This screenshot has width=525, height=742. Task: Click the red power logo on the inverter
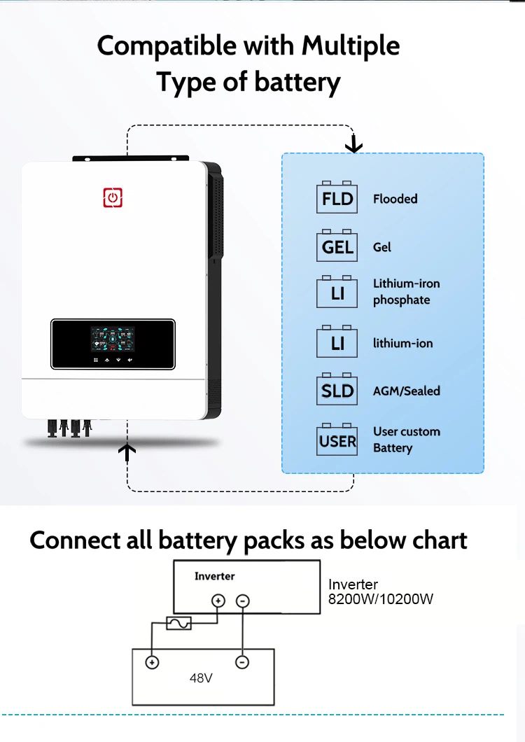[113, 198]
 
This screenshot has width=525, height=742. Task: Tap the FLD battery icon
[337, 197]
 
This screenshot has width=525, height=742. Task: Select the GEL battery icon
[337, 246]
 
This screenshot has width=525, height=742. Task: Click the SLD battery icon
[337, 389]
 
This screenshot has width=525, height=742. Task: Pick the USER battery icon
[337, 440]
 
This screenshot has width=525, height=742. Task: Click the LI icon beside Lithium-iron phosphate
[337, 292]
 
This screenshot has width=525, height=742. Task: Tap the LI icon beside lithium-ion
[337, 342]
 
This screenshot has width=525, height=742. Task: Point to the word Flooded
[395, 199]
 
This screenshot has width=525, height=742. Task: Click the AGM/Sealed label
[407, 391]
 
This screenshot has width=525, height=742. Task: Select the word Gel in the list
[382, 247]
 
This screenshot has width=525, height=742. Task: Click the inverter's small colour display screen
[113, 339]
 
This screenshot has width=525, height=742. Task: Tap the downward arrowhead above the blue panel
[353, 145]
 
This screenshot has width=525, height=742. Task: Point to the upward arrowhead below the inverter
[127, 451]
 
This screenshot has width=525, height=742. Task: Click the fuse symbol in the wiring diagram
[179, 623]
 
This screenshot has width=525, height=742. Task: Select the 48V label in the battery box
[201, 678]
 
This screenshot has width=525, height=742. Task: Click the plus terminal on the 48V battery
[152, 662]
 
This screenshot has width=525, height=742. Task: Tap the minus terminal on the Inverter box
[242, 601]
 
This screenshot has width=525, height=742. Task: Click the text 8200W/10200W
[381, 599]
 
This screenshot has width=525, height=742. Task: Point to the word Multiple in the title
[350, 46]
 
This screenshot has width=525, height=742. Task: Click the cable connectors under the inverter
[69, 428]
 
